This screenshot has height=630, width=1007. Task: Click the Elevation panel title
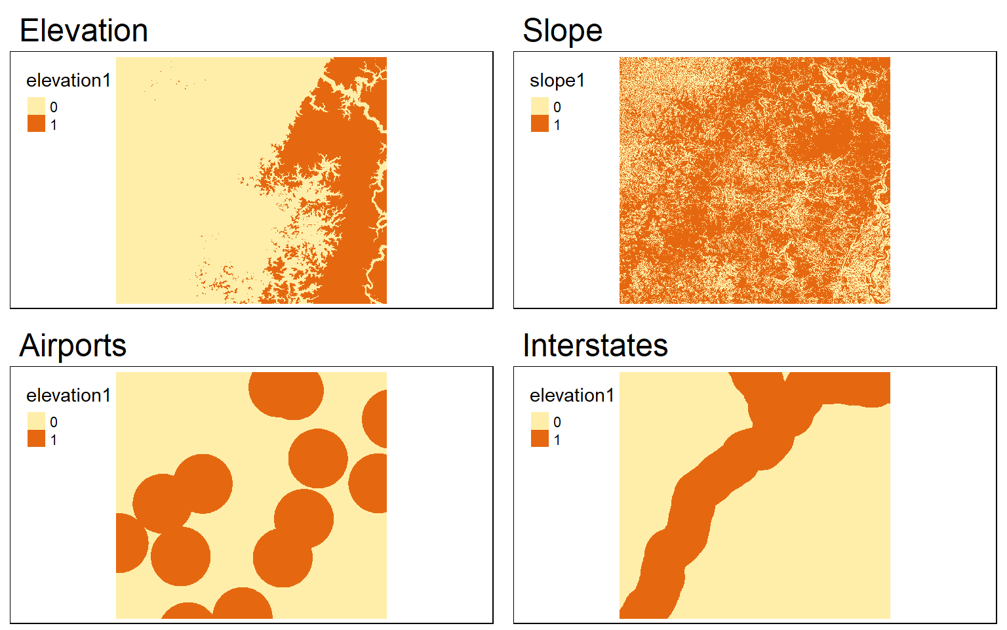84,31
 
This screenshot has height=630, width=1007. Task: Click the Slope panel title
563,31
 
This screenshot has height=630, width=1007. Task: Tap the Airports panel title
73,346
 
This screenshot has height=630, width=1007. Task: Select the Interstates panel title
595,346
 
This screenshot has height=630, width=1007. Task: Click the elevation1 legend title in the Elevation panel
68,81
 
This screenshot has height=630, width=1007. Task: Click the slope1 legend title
557,81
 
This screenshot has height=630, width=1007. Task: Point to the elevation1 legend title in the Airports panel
68,396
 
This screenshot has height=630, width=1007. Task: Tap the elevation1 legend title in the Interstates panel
572,396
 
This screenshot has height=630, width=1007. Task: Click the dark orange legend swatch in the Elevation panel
37,124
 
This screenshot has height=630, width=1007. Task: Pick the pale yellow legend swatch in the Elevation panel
37,106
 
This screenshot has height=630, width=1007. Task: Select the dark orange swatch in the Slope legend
540,124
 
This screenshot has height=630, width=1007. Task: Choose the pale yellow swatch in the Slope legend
540,106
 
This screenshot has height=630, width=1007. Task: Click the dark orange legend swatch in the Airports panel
37,439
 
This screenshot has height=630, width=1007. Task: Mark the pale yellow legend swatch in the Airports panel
37,421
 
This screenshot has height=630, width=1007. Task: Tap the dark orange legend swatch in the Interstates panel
540,439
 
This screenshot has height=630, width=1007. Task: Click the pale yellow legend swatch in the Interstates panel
540,421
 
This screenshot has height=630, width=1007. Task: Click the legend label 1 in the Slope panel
557,125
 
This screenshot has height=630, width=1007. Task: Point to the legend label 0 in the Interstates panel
557,422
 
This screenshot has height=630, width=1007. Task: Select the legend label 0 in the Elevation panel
54,107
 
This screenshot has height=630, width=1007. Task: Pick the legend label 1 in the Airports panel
54,440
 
